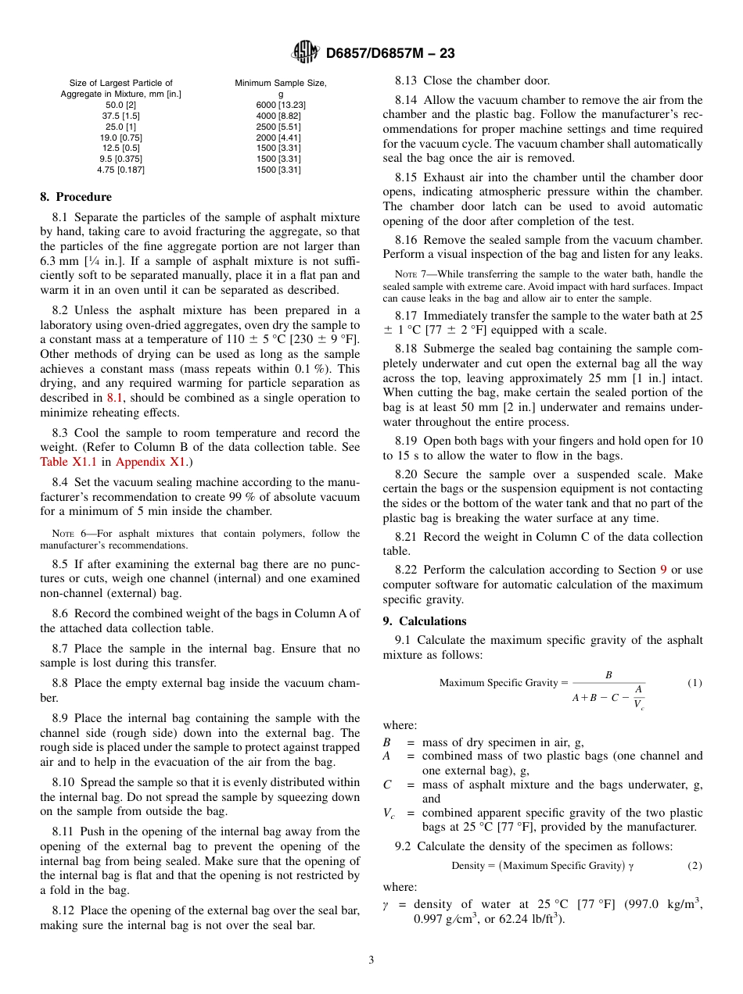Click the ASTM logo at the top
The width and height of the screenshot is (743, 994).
(305, 52)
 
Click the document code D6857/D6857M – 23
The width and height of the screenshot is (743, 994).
(390, 53)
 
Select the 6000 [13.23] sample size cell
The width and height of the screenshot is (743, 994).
(281, 105)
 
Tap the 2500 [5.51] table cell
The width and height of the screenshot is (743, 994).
(281, 127)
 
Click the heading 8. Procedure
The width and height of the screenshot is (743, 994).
(76, 197)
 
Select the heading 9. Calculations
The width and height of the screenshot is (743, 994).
(425, 621)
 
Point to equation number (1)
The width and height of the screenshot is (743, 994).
(695, 683)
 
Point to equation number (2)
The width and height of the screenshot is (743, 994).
(695, 866)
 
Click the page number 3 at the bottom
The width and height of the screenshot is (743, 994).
(371, 960)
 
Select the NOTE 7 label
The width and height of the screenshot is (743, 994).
(412, 274)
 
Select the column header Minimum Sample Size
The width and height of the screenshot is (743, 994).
(281, 84)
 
